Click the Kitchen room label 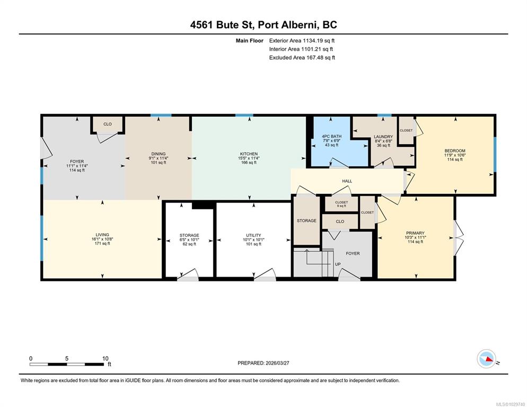pyautogui.click(x=249, y=154)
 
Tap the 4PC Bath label pyautogui.click(x=331, y=136)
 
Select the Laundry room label pyautogui.click(x=383, y=137)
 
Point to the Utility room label pyautogui.click(x=253, y=235)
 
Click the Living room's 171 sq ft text pyautogui.click(x=102, y=243)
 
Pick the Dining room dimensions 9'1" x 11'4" pyautogui.click(x=159, y=158)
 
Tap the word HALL pyautogui.click(x=347, y=181)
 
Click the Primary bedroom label pyautogui.click(x=415, y=233)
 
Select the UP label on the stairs pyautogui.click(x=338, y=264)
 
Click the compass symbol pyautogui.click(x=486, y=359)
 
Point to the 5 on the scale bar pyautogui.click(x=67, y=359)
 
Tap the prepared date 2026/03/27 pyautogui.click(x=277, y=363)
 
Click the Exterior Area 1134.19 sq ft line pyautogui.click(x=302, y=41)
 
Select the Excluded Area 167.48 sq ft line pyautogui.click(x=302, y=57)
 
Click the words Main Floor pyautogui.click(x=249, y=41)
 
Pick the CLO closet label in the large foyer pyautogui.click(x=108, y=124)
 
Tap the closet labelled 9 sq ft pyautogui.click(x=341, y=204)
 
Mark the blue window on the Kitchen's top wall pyautogui.click(x=244, y=116)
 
